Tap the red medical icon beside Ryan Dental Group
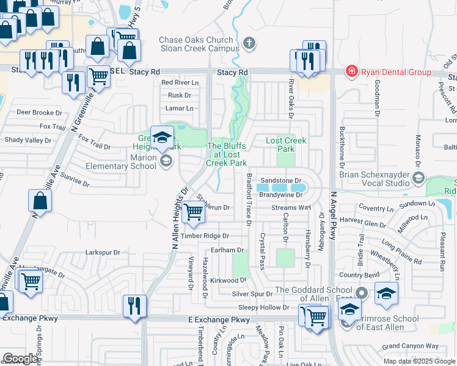[x=351, y=72]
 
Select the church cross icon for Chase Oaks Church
[x=248, y=43]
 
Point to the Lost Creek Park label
[x=286, y=145]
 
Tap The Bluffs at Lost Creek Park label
[x=227, y=154]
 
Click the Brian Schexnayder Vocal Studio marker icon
[x=419, y=178]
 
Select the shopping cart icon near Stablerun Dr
[x=194, y=212]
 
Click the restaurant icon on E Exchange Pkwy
[x=133, y=305]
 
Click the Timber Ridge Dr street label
[x=205, y=235]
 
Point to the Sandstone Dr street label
[x=280, y=181]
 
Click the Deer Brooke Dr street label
[x=39, y=113]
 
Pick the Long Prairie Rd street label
[x=401, y=252]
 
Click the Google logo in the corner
[x=20, y=359]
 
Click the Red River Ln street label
[x=180, y=82]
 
